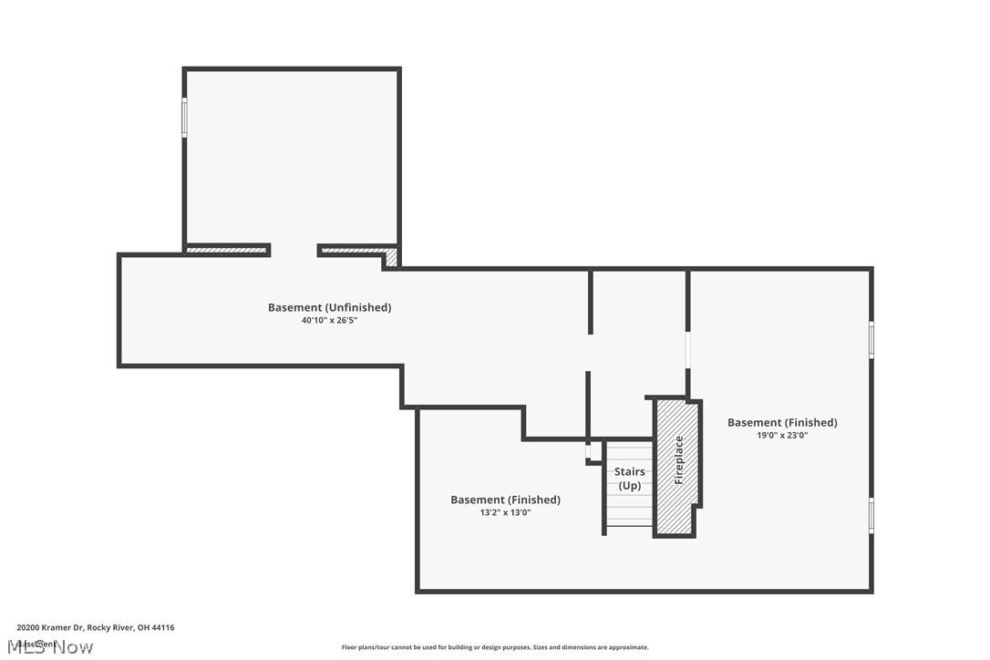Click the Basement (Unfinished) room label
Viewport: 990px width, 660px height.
tap(329, 308)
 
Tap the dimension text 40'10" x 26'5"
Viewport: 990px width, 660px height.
tap(329, 321)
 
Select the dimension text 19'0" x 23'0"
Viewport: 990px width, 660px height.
tap(781, 436)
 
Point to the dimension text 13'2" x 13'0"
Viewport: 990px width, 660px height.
tap(504, 513)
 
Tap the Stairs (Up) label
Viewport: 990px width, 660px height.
tap(629, 479)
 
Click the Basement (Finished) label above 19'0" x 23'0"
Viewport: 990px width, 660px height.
tap(781, 423)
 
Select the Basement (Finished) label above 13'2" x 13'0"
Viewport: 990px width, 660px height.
tap(505, 500)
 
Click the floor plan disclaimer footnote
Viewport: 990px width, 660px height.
tap(495, 647)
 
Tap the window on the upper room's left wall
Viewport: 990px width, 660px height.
tap(184, 119)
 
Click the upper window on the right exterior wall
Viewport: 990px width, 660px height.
tap(871, 339)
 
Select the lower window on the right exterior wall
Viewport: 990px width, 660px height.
tap(871, 515)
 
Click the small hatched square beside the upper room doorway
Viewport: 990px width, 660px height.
tap(392, 258)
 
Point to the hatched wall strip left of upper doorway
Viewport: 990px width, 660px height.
tap(226, 250)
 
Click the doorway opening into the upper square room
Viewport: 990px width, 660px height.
tap(294, 251)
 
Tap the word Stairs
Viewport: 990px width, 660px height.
tap(629, 472)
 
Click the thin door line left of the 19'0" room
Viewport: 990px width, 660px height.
tap(687, 363)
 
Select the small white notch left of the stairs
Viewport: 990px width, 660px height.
tap(589, 451)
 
